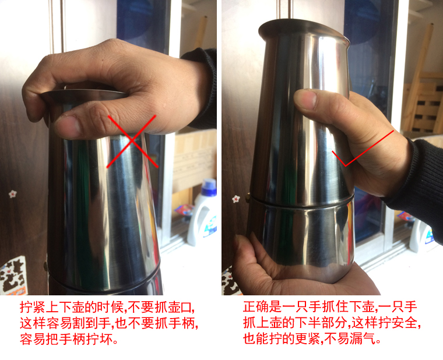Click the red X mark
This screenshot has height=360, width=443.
coord(132,141)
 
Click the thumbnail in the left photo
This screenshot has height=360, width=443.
coord(68,126)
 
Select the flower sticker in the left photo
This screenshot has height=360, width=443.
coord(12,194)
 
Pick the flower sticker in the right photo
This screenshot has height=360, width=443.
coord(236,199)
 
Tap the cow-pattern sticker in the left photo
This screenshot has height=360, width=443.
coord(13,276)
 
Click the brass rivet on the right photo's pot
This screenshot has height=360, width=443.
coord(248,197)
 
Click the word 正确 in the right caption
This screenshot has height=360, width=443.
coord(256,307)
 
